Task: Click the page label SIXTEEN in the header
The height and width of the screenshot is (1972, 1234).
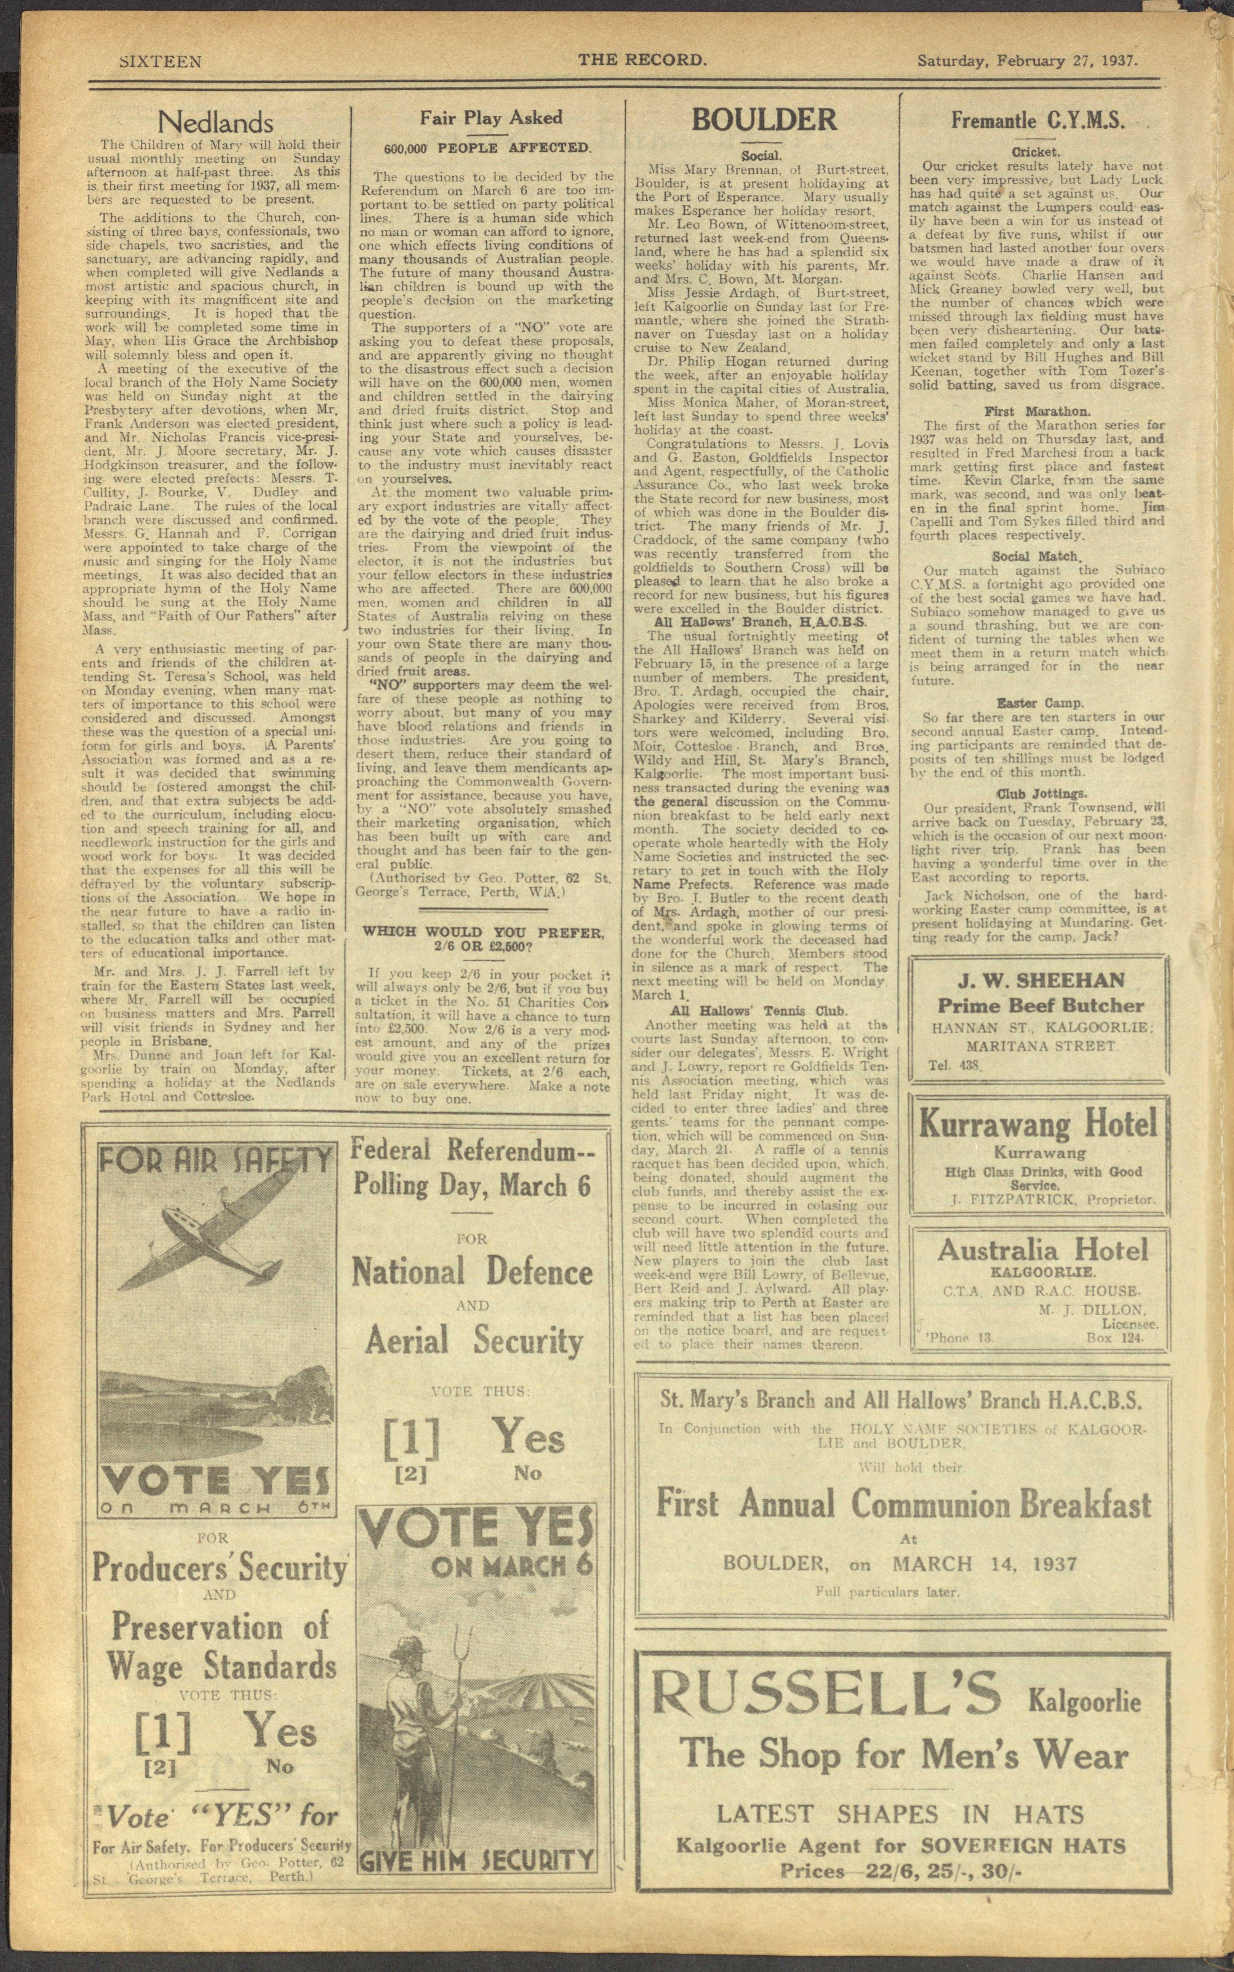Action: (x=161, y=61)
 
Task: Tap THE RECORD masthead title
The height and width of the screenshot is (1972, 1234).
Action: (x=641, y=60)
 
